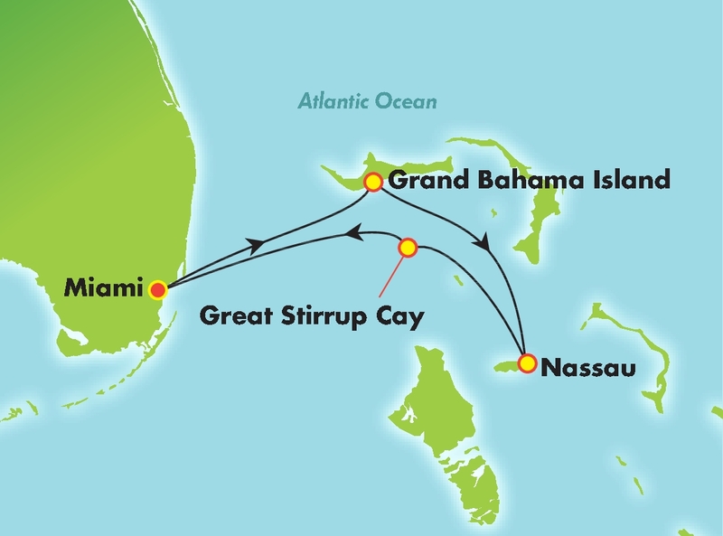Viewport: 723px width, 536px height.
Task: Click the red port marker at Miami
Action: point(158,290)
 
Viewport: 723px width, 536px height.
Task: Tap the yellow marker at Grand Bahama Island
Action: point(371,183)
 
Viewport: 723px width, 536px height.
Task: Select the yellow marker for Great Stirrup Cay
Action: point(408,247)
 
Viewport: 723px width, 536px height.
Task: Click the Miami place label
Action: point(104,289)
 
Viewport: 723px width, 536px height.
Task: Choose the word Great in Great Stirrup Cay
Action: point(232,317)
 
